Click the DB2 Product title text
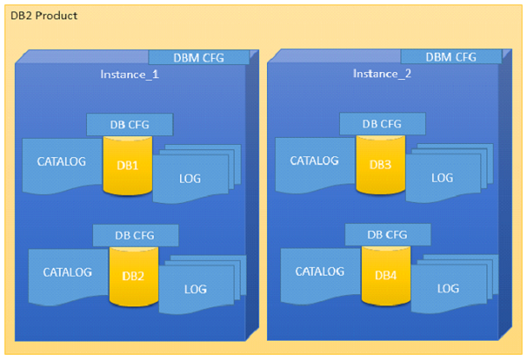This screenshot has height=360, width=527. point(43,16)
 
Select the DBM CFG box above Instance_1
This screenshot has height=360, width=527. point(199,58)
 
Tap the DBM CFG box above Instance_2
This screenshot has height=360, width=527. point(451,56)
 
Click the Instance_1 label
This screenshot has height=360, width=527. point(129,75)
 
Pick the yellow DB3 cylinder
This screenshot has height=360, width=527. point(380,163)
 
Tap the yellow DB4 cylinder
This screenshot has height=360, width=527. point(386,275)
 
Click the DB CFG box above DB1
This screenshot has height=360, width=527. point(129,124)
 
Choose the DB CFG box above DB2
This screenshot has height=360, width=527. point(135,234)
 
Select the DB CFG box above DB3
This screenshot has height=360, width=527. point(382,123)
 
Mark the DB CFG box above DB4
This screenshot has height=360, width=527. point(388,234)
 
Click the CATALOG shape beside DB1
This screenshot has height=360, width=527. point(61,163)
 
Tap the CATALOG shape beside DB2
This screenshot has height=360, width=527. point(68,273)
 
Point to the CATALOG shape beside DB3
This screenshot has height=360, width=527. point(314,162)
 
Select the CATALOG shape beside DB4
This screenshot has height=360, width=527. point(320,272)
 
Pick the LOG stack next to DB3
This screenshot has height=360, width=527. point(441,177)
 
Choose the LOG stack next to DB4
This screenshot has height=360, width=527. point(447,288)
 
